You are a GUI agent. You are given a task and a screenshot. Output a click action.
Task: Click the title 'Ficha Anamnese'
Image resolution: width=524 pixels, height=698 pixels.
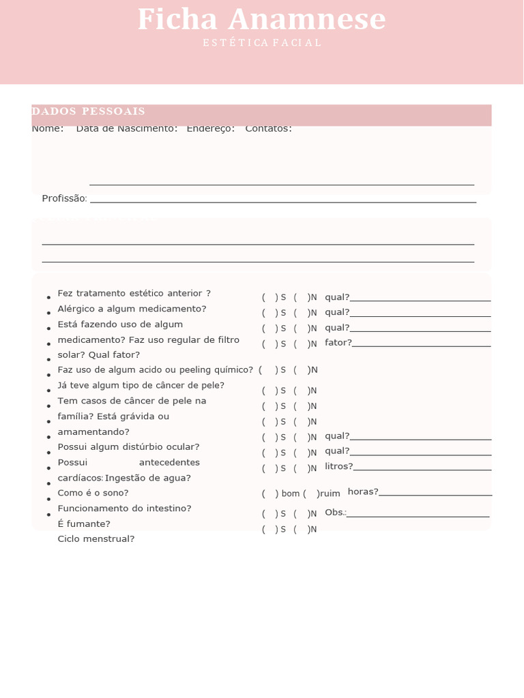(261, 20)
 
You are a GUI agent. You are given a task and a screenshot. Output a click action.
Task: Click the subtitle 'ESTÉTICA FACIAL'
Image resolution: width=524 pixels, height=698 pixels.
(262, 43)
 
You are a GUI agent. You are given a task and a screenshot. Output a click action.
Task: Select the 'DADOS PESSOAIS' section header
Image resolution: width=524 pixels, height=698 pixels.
(88, 111)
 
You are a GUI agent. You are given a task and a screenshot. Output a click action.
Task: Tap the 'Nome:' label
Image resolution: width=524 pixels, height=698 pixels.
(48, 128)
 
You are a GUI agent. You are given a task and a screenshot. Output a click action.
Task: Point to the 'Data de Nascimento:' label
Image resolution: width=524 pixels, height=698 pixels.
(127, 128)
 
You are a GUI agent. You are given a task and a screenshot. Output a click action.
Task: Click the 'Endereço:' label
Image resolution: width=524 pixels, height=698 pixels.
(211, 128)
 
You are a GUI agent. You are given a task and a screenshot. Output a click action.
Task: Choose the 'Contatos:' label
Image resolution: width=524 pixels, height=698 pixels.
(269, 128)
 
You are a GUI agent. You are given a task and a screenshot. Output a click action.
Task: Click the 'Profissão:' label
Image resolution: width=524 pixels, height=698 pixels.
(64, 198)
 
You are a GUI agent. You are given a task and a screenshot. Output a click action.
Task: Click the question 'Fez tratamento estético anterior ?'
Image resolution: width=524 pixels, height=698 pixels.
(134, 293)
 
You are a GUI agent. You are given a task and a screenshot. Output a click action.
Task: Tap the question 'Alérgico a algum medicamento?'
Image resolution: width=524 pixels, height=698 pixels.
(132, 309)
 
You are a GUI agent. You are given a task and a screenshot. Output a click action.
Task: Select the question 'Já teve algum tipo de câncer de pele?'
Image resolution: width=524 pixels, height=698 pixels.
(141, 385)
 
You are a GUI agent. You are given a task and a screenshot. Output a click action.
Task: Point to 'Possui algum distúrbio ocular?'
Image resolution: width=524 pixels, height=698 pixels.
(128, 446)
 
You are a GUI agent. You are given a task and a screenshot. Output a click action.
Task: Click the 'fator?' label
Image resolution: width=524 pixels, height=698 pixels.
(338, 342)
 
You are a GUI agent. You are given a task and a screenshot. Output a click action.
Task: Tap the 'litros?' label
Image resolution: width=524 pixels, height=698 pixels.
(338, 466)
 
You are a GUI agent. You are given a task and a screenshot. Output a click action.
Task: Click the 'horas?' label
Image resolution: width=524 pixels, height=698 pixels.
(362, 491)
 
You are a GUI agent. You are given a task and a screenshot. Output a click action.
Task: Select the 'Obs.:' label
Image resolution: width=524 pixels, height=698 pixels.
(335, 513)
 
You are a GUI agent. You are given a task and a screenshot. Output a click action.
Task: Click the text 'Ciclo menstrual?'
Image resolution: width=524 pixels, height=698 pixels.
(96, 538)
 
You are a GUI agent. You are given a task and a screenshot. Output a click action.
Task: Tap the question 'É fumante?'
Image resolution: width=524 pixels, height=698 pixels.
(84, 523)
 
